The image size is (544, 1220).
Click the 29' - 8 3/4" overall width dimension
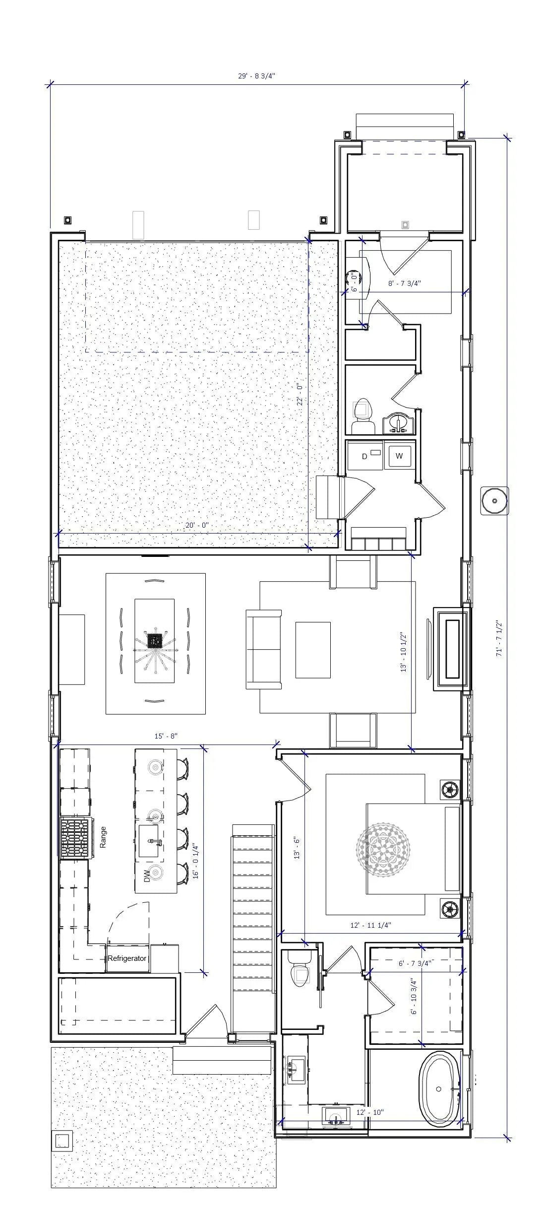point(256,76)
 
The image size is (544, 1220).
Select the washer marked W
point(399,456)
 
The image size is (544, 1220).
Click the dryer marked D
point(365,456)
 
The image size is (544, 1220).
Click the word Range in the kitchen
point(103,837)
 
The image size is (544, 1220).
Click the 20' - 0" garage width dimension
point(197,525)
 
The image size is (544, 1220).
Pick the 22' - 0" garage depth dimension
point(300,395)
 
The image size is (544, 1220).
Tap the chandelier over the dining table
point(155,642)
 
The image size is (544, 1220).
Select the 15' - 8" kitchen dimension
point(166,736)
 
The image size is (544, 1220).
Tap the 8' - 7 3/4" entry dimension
point(404,283)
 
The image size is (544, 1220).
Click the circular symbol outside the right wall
point(494,500)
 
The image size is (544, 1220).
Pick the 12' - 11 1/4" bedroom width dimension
point(370,925)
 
